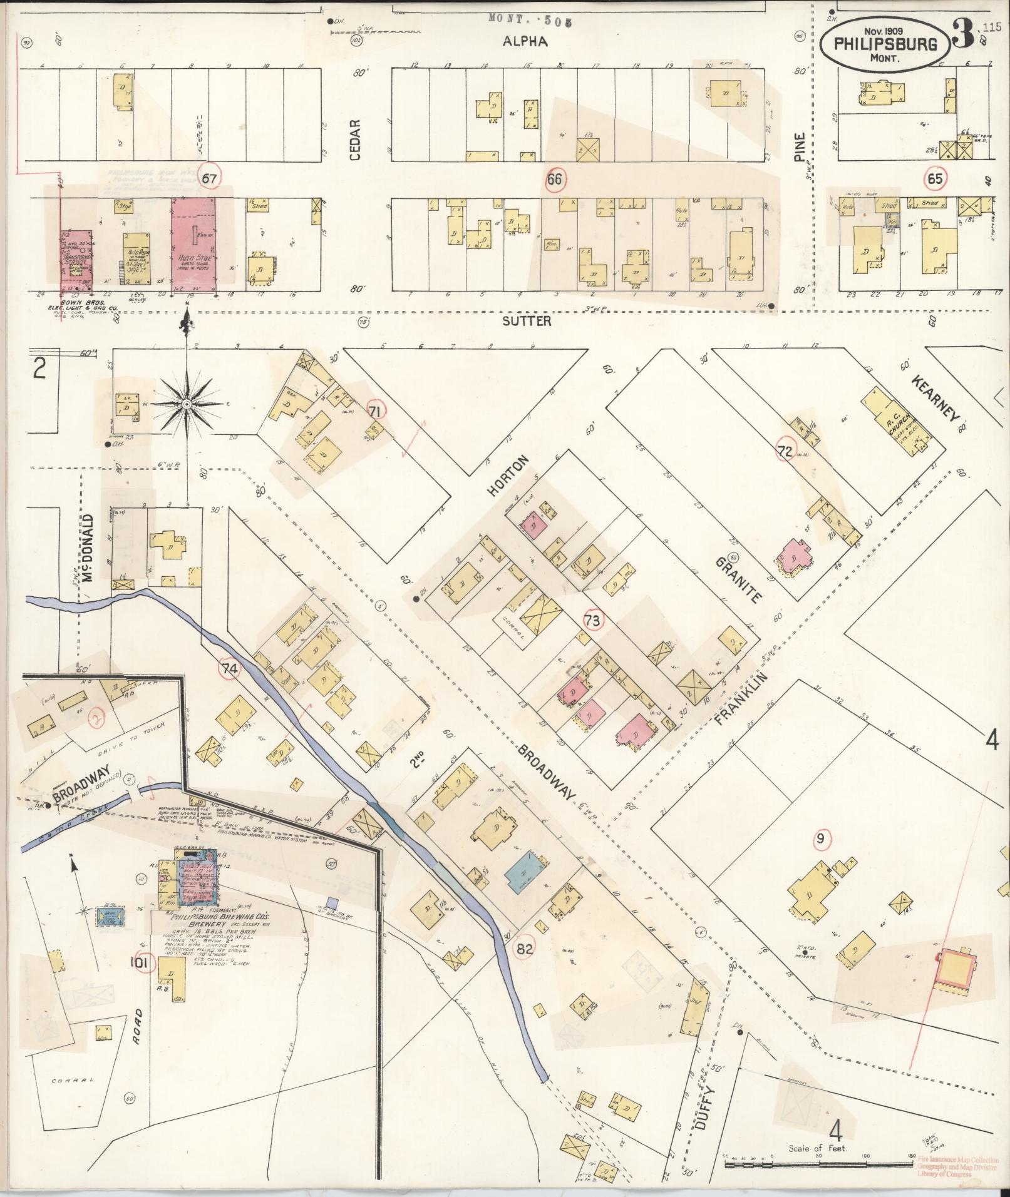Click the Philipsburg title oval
(885, 44)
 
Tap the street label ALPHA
(525, 41)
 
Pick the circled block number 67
(209, 178)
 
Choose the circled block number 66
(555, 179)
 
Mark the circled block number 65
(935, 179)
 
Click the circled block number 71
(376, 411)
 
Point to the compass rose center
(186, 405)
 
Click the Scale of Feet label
(818, 1147)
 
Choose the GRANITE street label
(738, 579)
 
